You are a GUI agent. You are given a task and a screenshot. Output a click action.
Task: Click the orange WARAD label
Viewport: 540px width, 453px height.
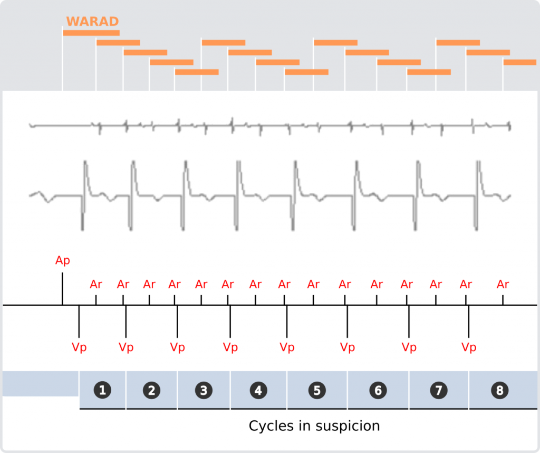point(92,21)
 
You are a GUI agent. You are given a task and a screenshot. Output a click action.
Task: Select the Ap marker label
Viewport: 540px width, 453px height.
point(62,260)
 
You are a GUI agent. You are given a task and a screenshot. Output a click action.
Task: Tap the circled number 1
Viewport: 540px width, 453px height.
point(102,390)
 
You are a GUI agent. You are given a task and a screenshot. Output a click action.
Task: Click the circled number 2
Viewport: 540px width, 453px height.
point(151,390)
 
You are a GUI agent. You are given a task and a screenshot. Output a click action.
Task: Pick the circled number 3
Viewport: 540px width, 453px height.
point(204,390)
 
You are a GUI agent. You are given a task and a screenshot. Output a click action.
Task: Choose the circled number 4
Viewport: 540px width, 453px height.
point(258,390)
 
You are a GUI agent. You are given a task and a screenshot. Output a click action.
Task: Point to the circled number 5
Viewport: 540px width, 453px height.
point(317,390)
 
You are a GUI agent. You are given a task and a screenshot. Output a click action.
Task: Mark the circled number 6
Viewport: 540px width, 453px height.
point(378,390)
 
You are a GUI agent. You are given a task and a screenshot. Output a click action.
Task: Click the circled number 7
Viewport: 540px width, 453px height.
point(439,390)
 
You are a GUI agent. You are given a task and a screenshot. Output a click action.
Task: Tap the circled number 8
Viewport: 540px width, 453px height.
point(500,390)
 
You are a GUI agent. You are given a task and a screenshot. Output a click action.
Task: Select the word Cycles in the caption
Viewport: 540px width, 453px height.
point(271,426)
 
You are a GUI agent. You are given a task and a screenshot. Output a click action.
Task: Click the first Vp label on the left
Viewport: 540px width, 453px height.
point(79,347)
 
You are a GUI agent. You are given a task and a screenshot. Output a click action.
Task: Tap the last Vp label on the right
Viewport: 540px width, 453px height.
point(469,347)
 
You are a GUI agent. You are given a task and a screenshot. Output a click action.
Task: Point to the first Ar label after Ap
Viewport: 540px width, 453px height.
point(96,285)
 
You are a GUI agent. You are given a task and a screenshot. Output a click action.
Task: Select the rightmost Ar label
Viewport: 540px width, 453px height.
point(503,285)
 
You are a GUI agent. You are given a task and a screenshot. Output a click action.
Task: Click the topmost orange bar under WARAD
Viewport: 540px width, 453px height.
point(91,33)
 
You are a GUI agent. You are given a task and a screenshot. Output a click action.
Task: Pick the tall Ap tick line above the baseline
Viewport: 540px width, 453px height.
point(62,289)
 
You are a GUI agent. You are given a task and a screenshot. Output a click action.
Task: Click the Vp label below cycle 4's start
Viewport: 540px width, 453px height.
point(230,347)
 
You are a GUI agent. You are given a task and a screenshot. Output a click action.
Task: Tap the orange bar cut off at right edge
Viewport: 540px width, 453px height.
point(519,62)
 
